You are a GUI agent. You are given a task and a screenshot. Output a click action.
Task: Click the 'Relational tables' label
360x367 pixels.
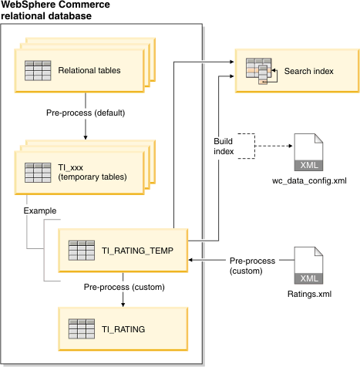tap(89, 70)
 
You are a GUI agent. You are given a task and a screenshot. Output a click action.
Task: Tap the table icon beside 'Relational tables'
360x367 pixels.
tap(38, 71)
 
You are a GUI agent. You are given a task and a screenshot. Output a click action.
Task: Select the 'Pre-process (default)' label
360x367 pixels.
tap(86, 113)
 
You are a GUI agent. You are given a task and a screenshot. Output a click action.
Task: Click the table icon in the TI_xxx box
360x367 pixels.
tap(38, 173)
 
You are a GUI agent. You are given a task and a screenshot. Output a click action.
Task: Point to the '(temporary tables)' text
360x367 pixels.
tap(93, 177)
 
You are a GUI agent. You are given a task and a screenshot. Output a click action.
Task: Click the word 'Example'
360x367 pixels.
tap(40, 210)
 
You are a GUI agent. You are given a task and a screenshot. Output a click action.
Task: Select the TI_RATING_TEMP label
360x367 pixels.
tap(137, 251)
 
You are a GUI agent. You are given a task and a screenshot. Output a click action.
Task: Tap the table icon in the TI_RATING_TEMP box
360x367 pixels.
tap(82, 251)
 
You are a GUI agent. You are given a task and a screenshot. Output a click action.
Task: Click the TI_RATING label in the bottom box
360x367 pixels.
tap(123, 329)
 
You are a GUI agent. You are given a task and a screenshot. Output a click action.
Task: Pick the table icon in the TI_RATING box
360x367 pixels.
tap(82, 329)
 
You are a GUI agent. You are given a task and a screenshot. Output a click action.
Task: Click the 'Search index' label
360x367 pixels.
tap(308, 71)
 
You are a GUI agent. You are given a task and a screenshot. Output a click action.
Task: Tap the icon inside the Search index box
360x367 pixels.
tap(261, 71)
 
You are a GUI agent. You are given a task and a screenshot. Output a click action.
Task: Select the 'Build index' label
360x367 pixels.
tap(224, 146)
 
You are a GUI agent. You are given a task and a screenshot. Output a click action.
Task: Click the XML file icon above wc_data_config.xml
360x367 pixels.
tap(308, 152)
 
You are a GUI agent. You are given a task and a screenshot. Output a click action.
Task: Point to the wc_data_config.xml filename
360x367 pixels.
tap(309, 180)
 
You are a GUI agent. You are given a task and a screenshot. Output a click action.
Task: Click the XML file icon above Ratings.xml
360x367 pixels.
tap(308, 265)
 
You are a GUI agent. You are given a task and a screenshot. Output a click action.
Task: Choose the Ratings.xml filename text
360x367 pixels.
tap(309, 294)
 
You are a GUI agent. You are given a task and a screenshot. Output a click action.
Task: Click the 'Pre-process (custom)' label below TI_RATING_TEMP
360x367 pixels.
tap(124, 287)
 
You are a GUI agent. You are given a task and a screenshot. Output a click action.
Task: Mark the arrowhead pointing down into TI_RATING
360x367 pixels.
tap(123, 305)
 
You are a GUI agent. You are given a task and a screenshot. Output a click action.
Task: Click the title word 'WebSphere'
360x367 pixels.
tap(29, 5)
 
